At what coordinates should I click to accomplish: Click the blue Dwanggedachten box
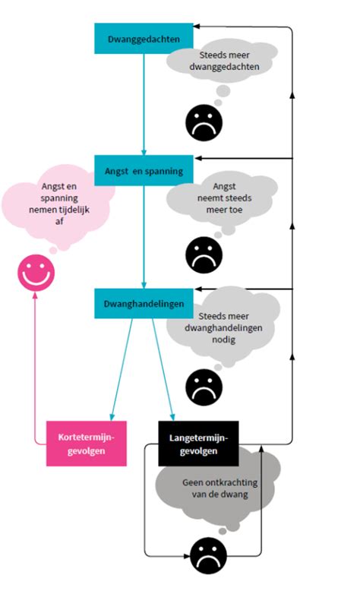(143, 38)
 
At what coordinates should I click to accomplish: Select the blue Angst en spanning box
(143, 171)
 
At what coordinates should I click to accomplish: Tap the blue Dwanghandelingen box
(143, 304)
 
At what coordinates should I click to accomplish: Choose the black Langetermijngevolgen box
(198, 444)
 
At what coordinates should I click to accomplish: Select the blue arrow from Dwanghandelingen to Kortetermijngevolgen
(122, 365)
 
